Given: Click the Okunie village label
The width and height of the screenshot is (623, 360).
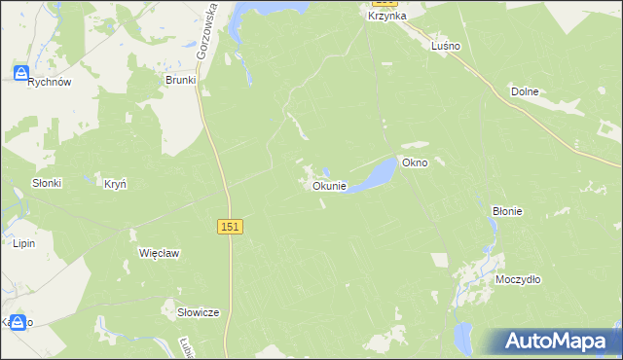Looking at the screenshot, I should [x=329, y=186].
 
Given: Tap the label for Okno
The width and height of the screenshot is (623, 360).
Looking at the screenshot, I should [x=431, y=162].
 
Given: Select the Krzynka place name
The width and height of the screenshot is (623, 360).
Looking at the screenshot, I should [x=387, y=17].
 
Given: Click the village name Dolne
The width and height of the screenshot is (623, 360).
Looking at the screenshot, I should [x=525, y=91].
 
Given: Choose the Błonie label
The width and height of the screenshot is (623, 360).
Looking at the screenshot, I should [x=507, y=210].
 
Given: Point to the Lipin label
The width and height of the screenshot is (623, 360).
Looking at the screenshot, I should [x=24, y=243].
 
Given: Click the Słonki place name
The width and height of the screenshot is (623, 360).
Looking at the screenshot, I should [x=47, y=183].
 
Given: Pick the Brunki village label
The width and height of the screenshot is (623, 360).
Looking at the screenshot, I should [x=181, y=81].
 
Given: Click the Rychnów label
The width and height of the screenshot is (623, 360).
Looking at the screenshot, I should [x=50, y=83].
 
